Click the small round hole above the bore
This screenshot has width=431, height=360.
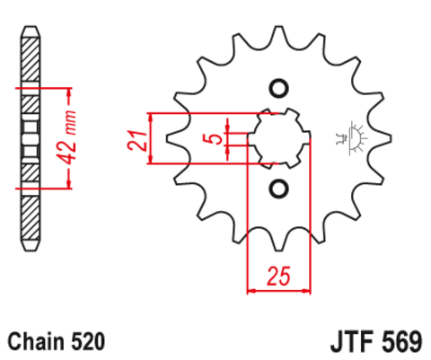(x=277, y=88)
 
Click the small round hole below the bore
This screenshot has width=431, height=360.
(x=277, y=188)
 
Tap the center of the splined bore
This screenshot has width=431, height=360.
(x=277, y=138)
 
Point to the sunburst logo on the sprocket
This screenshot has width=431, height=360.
(x=350, y=136)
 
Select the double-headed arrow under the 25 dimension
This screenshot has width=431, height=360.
(x=277, y=290)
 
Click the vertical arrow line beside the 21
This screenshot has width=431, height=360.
(x=154, y=139)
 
